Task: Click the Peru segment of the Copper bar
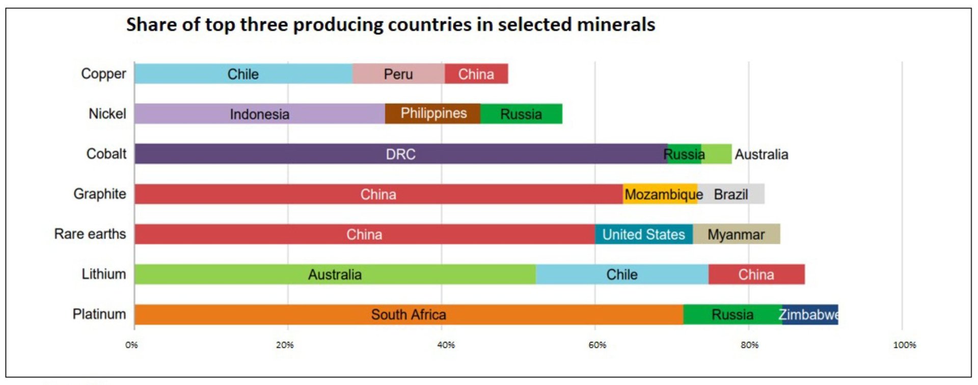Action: pos(398,74)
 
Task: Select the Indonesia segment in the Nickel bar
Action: pos(259,114)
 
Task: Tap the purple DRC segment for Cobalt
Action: pos(400,154)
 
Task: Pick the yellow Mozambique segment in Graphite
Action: pos(660,194)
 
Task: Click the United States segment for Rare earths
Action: pos(643,234)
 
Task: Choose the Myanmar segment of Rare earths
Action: pos(736,234)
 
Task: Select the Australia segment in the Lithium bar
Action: pos(335,274)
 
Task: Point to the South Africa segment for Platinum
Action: pos(409,315)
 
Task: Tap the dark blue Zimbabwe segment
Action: pos(810,315)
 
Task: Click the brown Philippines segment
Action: pos(433,113)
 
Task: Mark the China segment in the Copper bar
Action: pos(476,74)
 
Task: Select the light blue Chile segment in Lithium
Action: pos(621,274)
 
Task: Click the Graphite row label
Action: pos(100,194)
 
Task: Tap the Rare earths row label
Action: pos(90,234)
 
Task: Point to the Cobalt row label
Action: pos(106,153)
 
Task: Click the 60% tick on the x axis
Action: pos(597,345)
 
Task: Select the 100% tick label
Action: pos(904,345)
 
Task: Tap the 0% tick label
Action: pos(131,345)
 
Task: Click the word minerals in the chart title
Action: pos(611,24)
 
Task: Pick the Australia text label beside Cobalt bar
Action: pos(761,154)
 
